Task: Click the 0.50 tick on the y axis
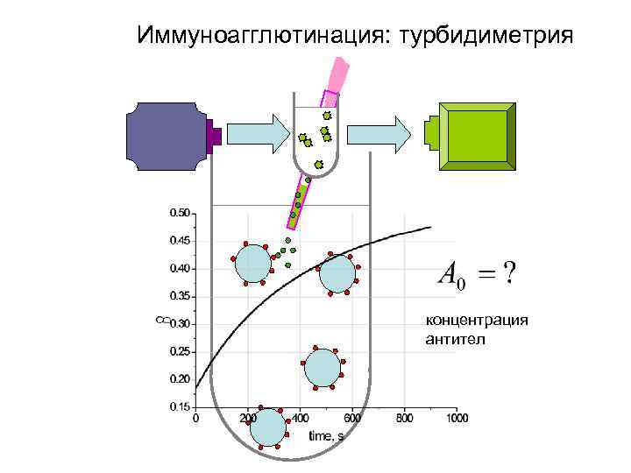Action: point(179,212)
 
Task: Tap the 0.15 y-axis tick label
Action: point(179,407)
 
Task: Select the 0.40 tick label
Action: point(179,268)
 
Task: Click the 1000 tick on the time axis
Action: point(456,419)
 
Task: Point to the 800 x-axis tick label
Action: point(404,419)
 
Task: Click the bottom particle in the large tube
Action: point(267,428)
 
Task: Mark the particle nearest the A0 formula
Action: point(337,273)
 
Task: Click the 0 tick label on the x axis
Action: point(195,419)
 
